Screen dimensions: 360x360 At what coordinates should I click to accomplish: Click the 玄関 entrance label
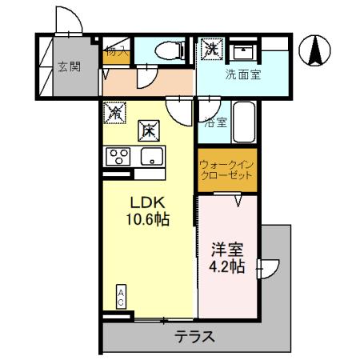(69, 67)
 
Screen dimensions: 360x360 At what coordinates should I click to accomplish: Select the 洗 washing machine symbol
(211, 49)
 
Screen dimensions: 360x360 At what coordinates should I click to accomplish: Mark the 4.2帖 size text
(226, 266)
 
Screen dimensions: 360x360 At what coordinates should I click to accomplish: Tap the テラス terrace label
(196, 336)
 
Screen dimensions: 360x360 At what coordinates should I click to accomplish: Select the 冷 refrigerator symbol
(114, 114)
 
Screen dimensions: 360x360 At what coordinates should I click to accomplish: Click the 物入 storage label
(113, 52)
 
